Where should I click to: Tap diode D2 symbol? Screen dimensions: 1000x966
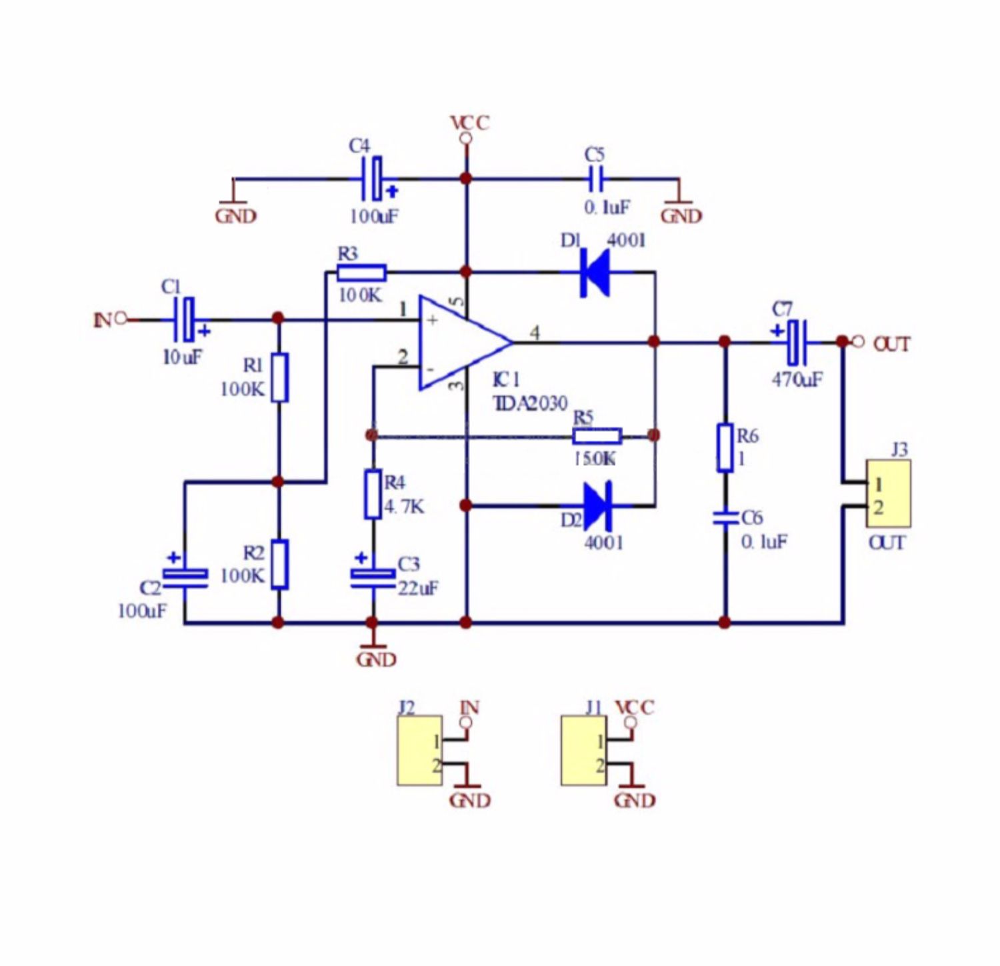[x=597, y=506]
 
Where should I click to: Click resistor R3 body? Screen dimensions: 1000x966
[x=361, y=272]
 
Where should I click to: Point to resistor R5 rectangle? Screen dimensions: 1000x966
[x=597, y=436]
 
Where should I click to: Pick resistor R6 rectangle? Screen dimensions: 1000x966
[x=725, y=447]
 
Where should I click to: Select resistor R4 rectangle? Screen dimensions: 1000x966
[x=373, y=494]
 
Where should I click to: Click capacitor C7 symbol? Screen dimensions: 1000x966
[x=796, y=342]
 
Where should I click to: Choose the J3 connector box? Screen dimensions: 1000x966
[x=888, y=493]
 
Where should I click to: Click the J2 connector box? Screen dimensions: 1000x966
[x=419, y=751]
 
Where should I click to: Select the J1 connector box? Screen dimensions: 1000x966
[x=583, y=751]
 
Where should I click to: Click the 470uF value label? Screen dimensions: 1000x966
[x=797, y=379]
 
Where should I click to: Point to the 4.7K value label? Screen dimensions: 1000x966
[x=404, y=507]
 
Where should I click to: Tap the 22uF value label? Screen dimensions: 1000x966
[x=418, y=589]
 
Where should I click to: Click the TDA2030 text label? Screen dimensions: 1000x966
[x=530, y=403]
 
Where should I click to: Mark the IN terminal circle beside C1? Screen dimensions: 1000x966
[x=121, y=319]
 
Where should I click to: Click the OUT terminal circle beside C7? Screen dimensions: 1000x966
[x=859, y=341]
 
